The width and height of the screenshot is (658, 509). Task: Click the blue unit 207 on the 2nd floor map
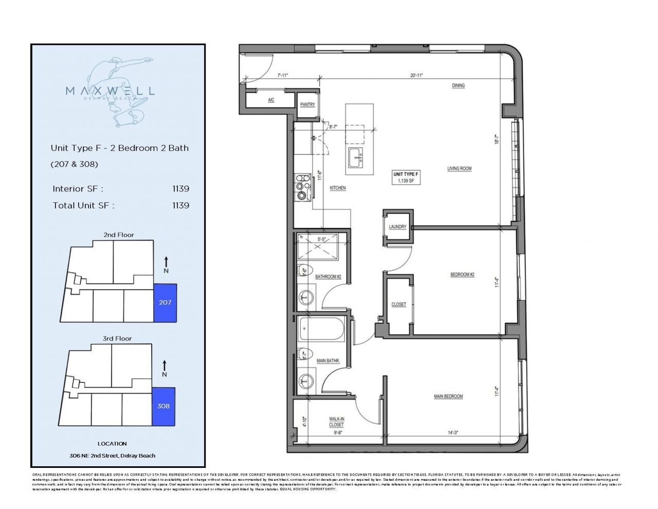pos(165,303)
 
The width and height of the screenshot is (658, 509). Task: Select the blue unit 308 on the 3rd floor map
pos(163,406)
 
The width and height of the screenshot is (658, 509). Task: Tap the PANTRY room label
pos(307,104)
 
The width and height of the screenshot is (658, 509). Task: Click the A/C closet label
pos(271,100)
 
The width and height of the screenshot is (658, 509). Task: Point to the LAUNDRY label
pos(397,226)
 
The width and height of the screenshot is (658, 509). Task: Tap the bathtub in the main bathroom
pos(322,329)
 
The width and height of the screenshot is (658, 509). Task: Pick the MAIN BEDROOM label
pos(448,396)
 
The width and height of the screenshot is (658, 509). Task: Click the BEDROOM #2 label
pos(462,274)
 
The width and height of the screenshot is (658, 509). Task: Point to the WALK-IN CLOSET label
pos(336,422)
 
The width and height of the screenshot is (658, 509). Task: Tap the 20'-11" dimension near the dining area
pos(416,76)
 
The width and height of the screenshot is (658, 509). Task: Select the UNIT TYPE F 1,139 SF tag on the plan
pos(406,178)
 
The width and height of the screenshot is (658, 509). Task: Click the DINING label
pos(458,85)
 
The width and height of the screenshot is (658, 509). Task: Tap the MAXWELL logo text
pos(110,91)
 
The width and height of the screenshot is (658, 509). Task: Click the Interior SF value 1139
pos(180,189)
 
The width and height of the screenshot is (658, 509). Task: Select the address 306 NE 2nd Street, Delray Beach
pos(112,455)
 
